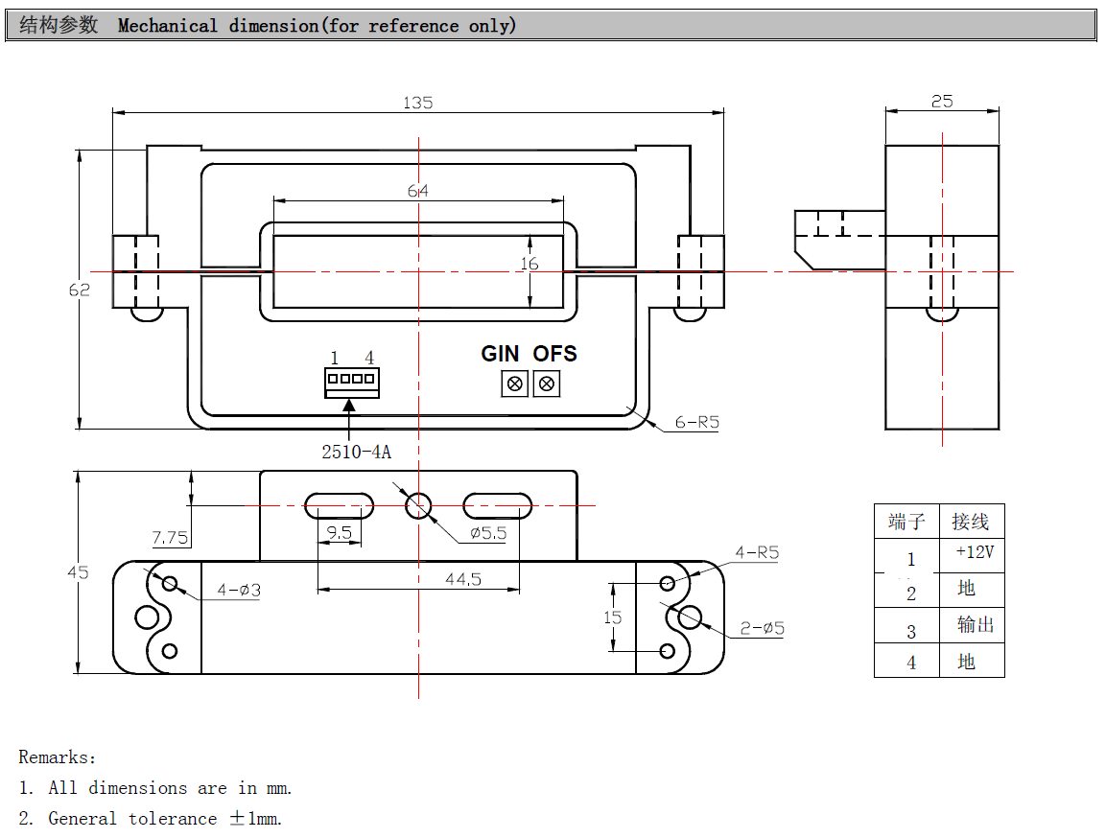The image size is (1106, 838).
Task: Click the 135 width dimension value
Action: pyautogui.click(x=418, y=102)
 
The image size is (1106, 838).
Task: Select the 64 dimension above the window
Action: pyautogui.click(x=418, y=191)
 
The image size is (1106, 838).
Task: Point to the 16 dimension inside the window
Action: pyautogui.click(x=529, y=264)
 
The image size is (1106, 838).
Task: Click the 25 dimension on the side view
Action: pyautogui.click(x=942, y=101)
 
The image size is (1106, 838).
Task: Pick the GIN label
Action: pyautogui.click(x=500, y=354)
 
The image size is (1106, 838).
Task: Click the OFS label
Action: pyautogui.click(x=555, y=354)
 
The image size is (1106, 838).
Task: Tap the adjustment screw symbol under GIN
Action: pyautogui.click(x=515, y=384)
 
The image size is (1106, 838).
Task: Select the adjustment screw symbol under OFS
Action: pyautogui.click(x=547, y=384)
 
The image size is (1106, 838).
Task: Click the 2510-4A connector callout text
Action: pyautogui.click(x=356, y=452)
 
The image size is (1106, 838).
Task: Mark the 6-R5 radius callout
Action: pyautogui.click(x=696, y=422)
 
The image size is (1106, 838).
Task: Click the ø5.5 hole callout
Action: pyautogui.click(x=487, y=533)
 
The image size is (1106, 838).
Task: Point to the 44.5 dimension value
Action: pyautogui.click(x=462, y=578)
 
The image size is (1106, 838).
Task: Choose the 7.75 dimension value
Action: pyautogui.click(x=170, y=538)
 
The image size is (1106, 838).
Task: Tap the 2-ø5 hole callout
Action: pyautogui.click(x=762, y=629)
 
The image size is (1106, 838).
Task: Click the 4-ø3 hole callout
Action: pyautogui.click(x=239, y=591)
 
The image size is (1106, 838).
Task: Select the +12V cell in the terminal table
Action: pyautogui.click(x=975, y=552)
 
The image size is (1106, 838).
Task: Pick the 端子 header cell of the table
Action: pyautogui.click(x=906, y=522)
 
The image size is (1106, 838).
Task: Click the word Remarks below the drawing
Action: pyautogui.click(x=56, y=757)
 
